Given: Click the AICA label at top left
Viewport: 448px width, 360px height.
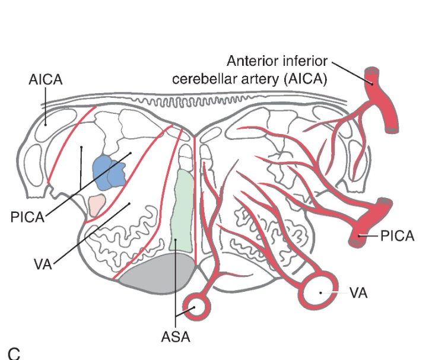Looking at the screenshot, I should pos(45,80).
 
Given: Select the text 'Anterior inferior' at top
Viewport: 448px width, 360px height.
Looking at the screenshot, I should pos(277,62).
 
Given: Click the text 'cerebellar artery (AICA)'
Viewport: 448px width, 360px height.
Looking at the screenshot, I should pos(249,79).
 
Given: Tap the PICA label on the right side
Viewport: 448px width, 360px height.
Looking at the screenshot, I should pos(396,236).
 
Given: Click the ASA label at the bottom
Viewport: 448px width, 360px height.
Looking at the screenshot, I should pos(175,337).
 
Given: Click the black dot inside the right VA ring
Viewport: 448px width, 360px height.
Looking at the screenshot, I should pos(320,292).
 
